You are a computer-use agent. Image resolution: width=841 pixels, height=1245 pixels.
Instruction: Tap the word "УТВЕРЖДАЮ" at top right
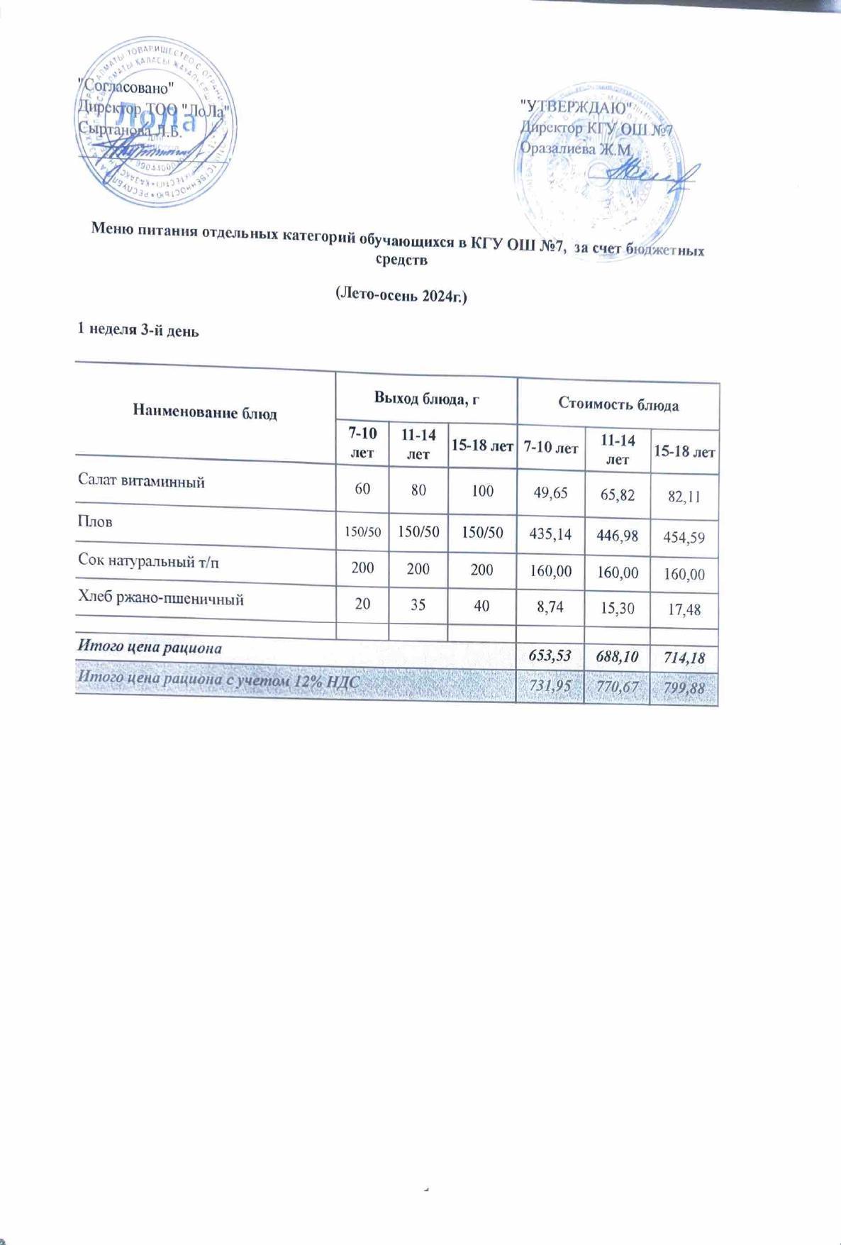tap(577, 107)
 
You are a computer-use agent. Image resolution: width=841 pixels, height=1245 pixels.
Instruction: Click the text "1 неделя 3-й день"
tap(138, 330)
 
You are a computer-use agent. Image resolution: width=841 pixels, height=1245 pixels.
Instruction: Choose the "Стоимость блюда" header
tap(618, 405)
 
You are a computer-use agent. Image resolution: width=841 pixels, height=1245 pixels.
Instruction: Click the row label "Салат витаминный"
tap(141, 482)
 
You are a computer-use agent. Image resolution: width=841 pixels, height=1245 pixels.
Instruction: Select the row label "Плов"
tap(95, 521)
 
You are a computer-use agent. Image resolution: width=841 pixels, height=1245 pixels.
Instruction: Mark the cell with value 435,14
tap(550, 533)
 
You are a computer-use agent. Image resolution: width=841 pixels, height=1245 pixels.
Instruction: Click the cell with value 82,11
tap(684, 497)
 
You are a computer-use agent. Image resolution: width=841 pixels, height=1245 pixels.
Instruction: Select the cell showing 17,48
tap(684, 609)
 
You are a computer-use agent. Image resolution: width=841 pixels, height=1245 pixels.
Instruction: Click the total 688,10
tap(618, 655)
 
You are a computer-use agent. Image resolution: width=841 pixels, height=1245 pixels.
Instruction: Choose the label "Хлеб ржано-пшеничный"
tap(161, 599)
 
